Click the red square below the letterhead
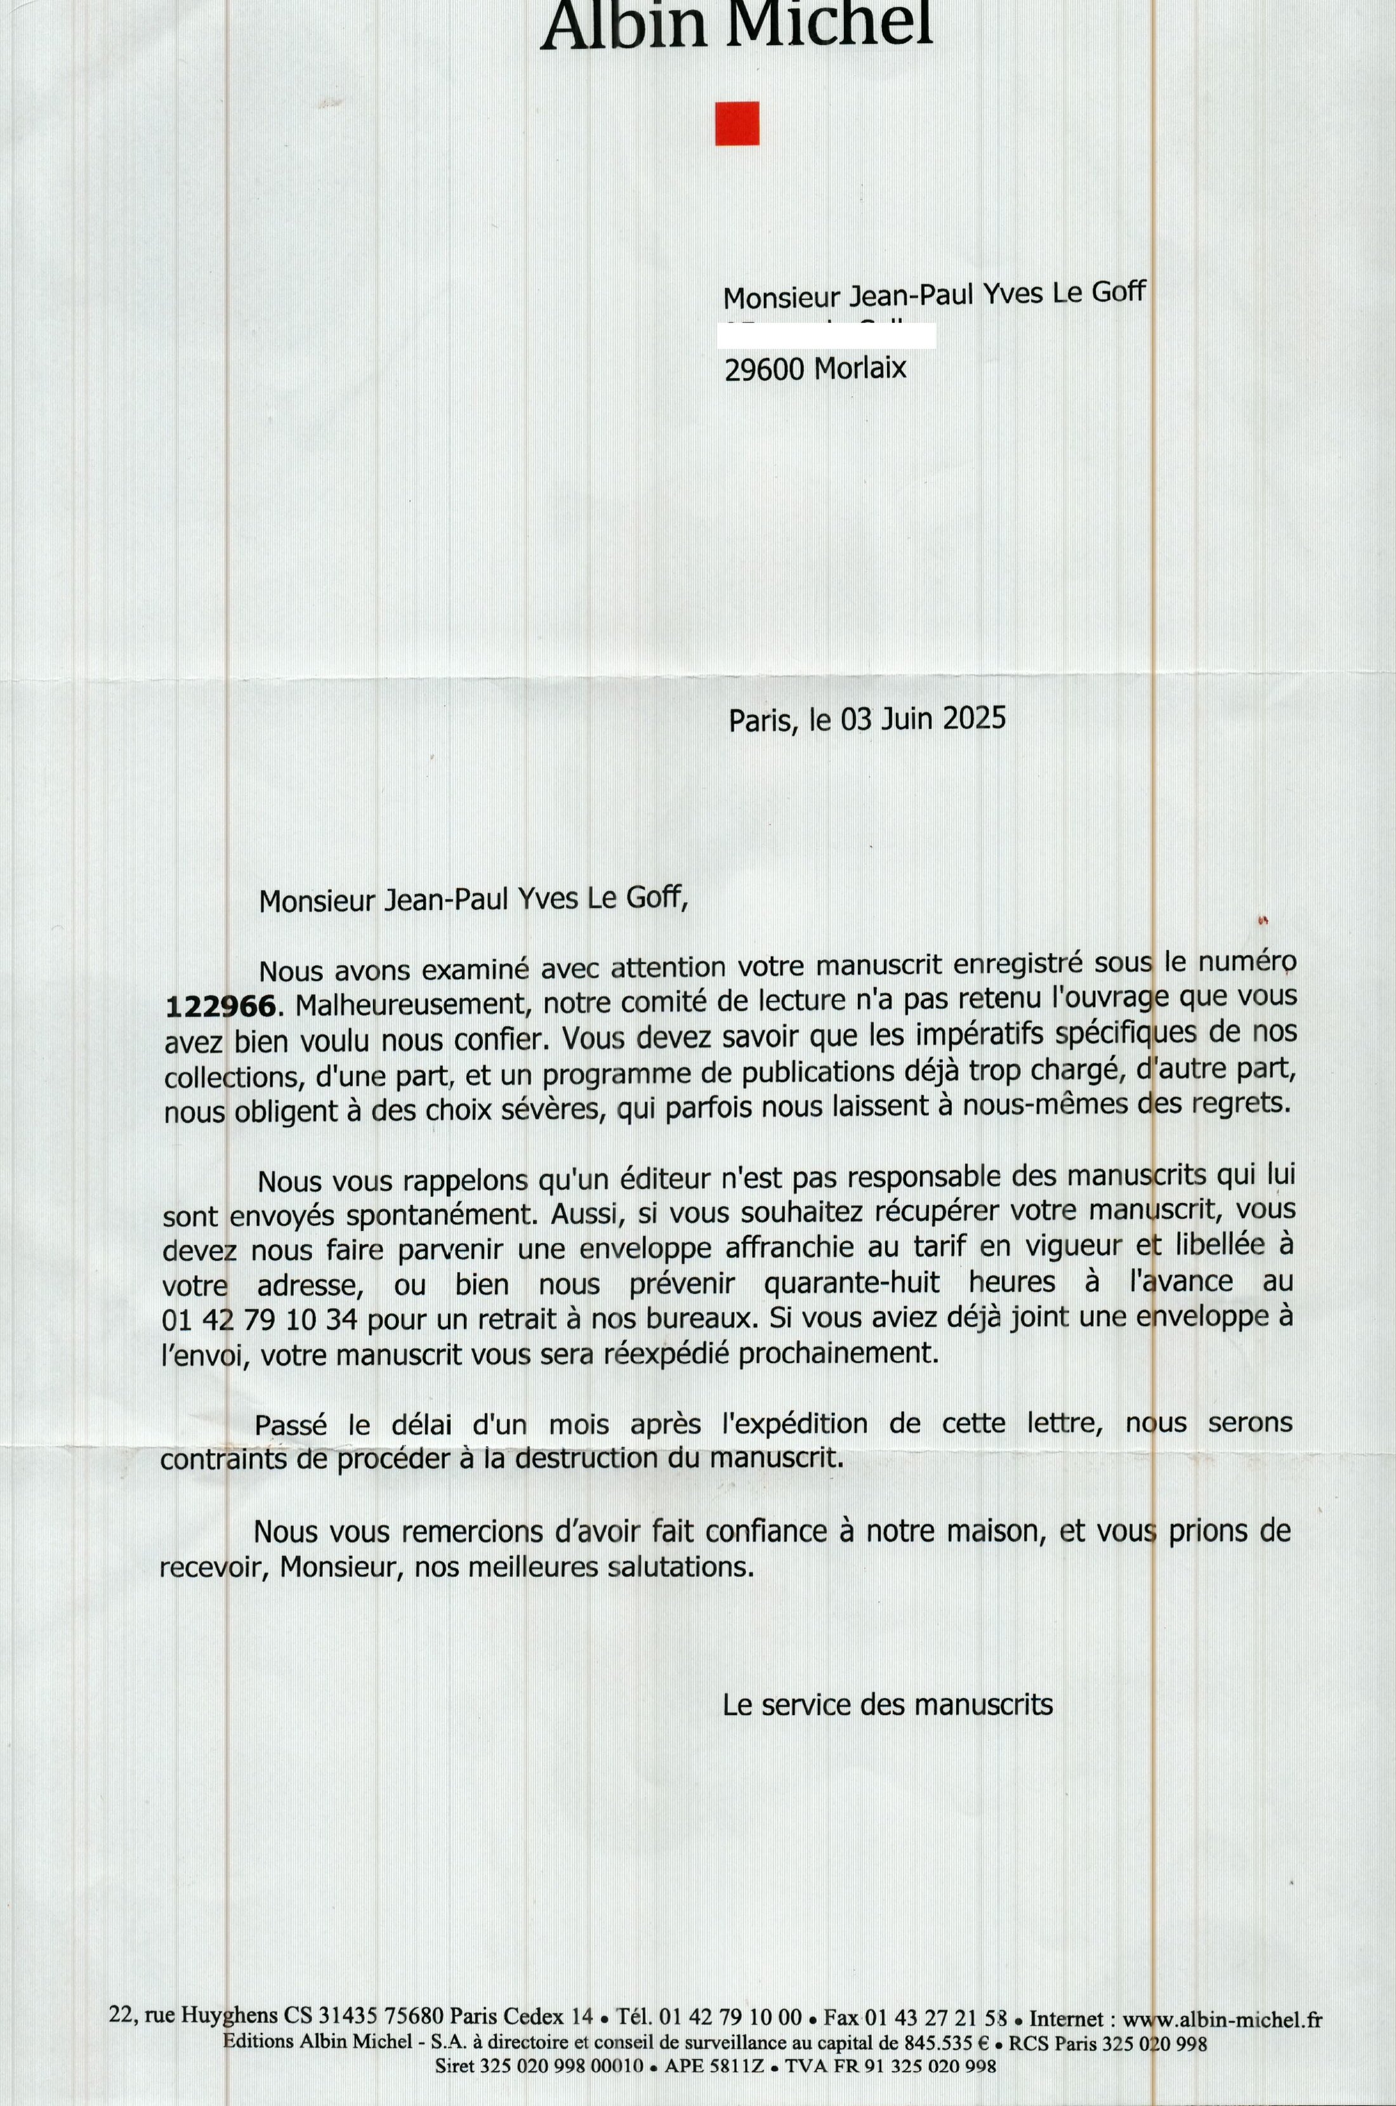click(737, 123)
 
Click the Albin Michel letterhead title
click(737, 24)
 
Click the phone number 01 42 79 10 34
click(260, 1320)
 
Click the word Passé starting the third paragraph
click(290, 1425)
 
